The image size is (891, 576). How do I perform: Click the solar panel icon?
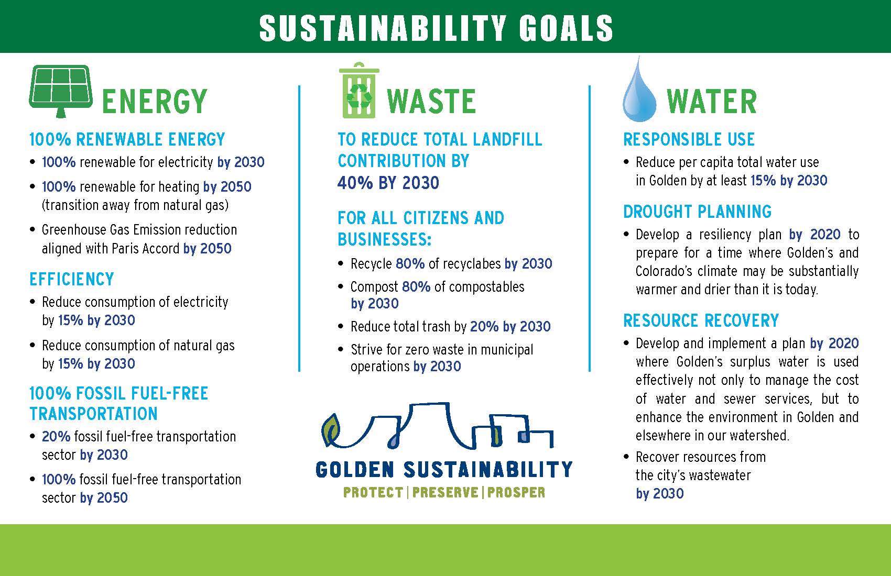(x=61, y=91)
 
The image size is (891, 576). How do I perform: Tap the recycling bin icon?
(x=359, y=90)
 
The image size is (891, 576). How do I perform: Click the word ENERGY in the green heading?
(x=154, y=102)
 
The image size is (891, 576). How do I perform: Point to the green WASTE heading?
(x=431, y=102)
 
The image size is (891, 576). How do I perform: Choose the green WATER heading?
(x=712, y=102)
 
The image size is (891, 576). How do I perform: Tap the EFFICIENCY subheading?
(x=72, y=279)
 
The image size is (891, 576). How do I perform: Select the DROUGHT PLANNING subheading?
(x=697, y=212)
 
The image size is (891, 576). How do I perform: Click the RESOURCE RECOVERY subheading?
(x=701, y=320)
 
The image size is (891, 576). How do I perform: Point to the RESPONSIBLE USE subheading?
(x=689, y=139)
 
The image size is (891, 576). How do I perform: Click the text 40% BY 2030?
(x=388, y=183)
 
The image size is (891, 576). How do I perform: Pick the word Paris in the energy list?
(x=125, y=248)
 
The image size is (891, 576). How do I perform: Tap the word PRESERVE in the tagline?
(x=445, y=493)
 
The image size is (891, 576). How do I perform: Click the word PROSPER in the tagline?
(x=516, y=493)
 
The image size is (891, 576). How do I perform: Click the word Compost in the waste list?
(x=374, y=287)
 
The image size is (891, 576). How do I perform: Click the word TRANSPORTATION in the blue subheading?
(x=93, y=414)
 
